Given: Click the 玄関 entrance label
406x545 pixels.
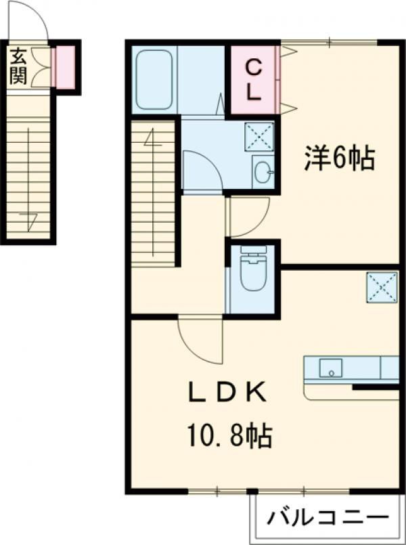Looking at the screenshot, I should [18, 66].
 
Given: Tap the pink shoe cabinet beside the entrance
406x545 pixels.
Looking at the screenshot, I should [65, 68].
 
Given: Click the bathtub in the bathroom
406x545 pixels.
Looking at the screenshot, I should [154, 79].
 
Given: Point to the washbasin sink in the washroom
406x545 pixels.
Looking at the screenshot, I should [262, 172].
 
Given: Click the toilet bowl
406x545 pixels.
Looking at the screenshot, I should [254, 274].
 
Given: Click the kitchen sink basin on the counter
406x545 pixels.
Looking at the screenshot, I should [331, 368].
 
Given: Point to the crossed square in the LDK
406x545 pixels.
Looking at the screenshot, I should [382, 288].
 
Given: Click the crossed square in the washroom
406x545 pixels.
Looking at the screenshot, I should [258, 136].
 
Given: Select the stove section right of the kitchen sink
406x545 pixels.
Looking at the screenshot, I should [389, 368].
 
